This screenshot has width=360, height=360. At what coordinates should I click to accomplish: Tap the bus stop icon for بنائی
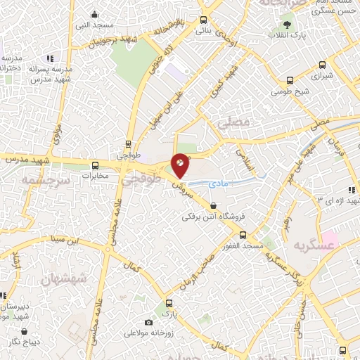coord(203,20)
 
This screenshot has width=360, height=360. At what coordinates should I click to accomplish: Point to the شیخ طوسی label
coord(285,91)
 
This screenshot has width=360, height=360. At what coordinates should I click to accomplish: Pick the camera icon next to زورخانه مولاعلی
coord(148,323)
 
